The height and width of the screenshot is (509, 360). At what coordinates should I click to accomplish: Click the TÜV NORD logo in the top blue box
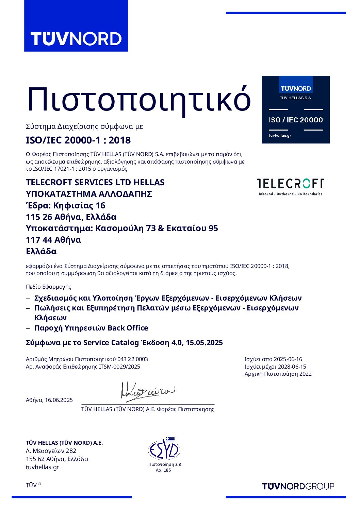76,39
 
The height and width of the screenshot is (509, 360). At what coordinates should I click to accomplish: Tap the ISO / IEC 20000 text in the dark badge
296,120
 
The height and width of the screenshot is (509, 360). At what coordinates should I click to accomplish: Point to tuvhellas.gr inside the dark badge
280,136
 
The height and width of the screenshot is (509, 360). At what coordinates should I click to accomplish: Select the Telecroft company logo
290,187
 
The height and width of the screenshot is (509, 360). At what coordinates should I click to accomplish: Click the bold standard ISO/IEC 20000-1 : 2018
78,140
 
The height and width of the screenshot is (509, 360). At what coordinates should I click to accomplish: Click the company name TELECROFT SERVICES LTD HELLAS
95,182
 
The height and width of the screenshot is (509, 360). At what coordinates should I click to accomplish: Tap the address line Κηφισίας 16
79,205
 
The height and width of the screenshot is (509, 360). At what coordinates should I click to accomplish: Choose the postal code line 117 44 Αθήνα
53,240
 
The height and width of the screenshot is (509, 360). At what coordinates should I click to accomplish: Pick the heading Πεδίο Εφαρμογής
48,287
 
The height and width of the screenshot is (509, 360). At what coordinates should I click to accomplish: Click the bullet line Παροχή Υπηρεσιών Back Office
91,328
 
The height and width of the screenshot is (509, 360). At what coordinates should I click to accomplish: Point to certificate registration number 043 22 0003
133,359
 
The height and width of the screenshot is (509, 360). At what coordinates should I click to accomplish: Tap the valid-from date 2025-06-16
288,359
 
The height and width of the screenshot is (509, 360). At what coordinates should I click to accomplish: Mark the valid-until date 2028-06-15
292,367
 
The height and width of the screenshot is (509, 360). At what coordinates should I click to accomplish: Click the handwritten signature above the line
148,391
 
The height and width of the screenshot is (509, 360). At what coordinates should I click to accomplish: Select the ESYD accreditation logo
164,449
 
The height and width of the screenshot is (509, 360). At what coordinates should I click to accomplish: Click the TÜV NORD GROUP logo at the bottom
298,486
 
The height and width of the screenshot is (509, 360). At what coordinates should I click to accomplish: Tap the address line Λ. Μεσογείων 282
51,451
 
